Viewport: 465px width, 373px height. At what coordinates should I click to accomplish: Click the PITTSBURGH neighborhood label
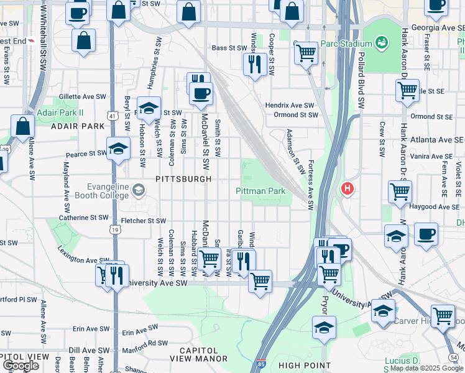pos(183,178)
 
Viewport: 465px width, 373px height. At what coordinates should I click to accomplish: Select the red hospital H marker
pos(348,188)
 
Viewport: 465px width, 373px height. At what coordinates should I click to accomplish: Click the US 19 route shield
pos(116,229)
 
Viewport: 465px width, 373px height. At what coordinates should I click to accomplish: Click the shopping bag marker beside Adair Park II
pos(22,126)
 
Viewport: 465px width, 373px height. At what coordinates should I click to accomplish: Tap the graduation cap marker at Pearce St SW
pos(118,149)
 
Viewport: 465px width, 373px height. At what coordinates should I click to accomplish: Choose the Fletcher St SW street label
pos(144,221)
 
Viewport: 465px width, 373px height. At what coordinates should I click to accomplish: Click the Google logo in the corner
pos(21,366)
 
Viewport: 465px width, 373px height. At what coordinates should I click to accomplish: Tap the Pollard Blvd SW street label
pos(360,81)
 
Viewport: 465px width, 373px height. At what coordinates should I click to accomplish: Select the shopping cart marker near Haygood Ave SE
pos(400,191)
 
